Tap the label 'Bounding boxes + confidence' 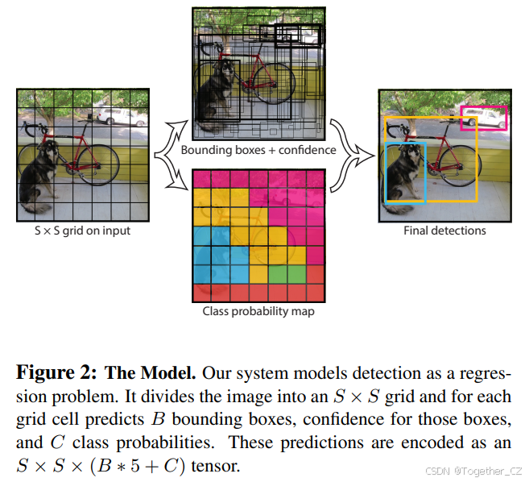[258, 150]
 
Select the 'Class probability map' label [258, 311]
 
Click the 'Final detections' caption [444, 231]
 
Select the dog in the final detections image [405, 173]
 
